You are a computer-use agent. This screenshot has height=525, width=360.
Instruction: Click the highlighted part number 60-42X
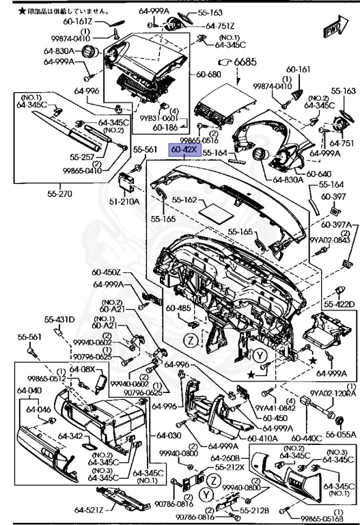coord(184,149)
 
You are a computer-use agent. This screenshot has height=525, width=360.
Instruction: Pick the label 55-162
coord(184,200)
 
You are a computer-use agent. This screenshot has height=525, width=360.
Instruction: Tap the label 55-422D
coord(339,304)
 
